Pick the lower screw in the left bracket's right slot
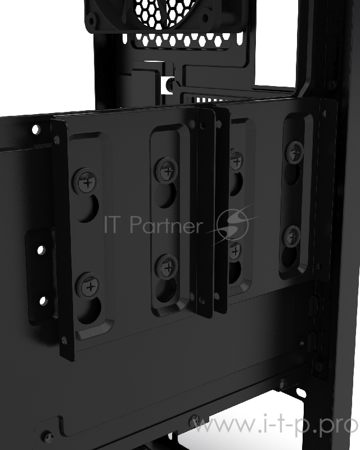166,265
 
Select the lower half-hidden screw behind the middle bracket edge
234,250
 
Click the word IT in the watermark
115,224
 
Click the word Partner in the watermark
166,225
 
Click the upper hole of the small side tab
40,249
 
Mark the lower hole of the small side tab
43,300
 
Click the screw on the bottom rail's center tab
195,420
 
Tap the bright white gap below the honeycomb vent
168,84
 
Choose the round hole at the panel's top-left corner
36,129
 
